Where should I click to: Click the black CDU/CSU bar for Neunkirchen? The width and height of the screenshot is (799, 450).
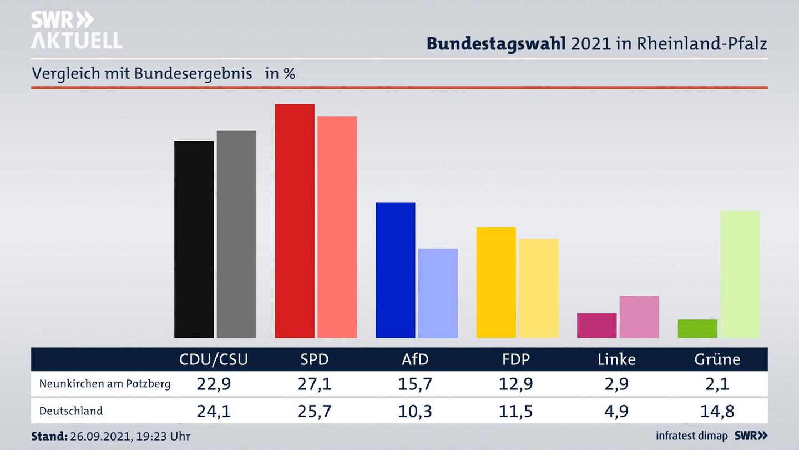[194, 239]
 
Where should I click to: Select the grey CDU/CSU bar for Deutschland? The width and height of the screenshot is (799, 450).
[236, 234]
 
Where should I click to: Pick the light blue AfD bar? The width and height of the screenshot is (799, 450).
[438, 293]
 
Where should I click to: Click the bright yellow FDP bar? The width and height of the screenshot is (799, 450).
[496, 282]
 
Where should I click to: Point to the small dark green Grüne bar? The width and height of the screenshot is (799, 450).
[697, 328]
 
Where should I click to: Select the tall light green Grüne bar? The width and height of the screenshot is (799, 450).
[740, 274]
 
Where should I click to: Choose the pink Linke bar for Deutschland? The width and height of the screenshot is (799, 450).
[639, 317]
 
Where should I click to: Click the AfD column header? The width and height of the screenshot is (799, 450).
[415, 359]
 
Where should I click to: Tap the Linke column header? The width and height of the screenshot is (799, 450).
[616, 359]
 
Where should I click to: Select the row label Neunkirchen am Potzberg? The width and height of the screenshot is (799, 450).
[105, 384]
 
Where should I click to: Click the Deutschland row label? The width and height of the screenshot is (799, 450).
[71, 411]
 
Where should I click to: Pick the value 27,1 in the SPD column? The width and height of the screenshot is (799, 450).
[314, 384]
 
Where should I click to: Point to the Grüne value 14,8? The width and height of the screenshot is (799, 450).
[717, 411]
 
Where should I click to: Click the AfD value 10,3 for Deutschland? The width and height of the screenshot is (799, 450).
[415, 411]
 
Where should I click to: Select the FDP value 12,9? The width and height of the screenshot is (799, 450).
[515, 384]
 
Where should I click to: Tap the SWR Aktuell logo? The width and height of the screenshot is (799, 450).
[76, 31]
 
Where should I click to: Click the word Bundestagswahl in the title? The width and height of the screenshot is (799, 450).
[496, 43]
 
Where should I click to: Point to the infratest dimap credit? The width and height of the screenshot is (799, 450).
[692, 436]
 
